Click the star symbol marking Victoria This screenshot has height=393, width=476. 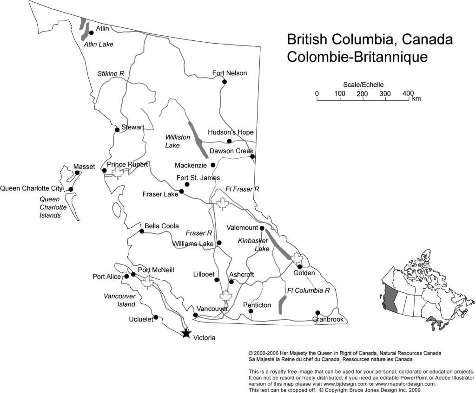click(186, 333)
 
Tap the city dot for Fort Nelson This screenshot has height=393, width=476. click(225, 82)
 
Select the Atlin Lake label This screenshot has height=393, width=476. click(99, 45)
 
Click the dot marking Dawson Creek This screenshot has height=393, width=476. click(252, 156)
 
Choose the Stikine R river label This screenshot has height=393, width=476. click(111, 73)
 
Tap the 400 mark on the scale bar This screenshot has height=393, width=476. click(408, 94)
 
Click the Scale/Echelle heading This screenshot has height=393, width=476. click(364, 84)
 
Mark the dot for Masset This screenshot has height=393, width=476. click(77, 173)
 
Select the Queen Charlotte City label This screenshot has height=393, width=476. click(31, 188)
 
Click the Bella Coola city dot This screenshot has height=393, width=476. click(142, 231)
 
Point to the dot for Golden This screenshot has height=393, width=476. click(300, 266)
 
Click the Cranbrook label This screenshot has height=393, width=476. click(328, 320)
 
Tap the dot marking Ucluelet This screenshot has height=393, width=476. click(156, 317)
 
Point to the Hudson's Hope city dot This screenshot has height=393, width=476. click(229, 141)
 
